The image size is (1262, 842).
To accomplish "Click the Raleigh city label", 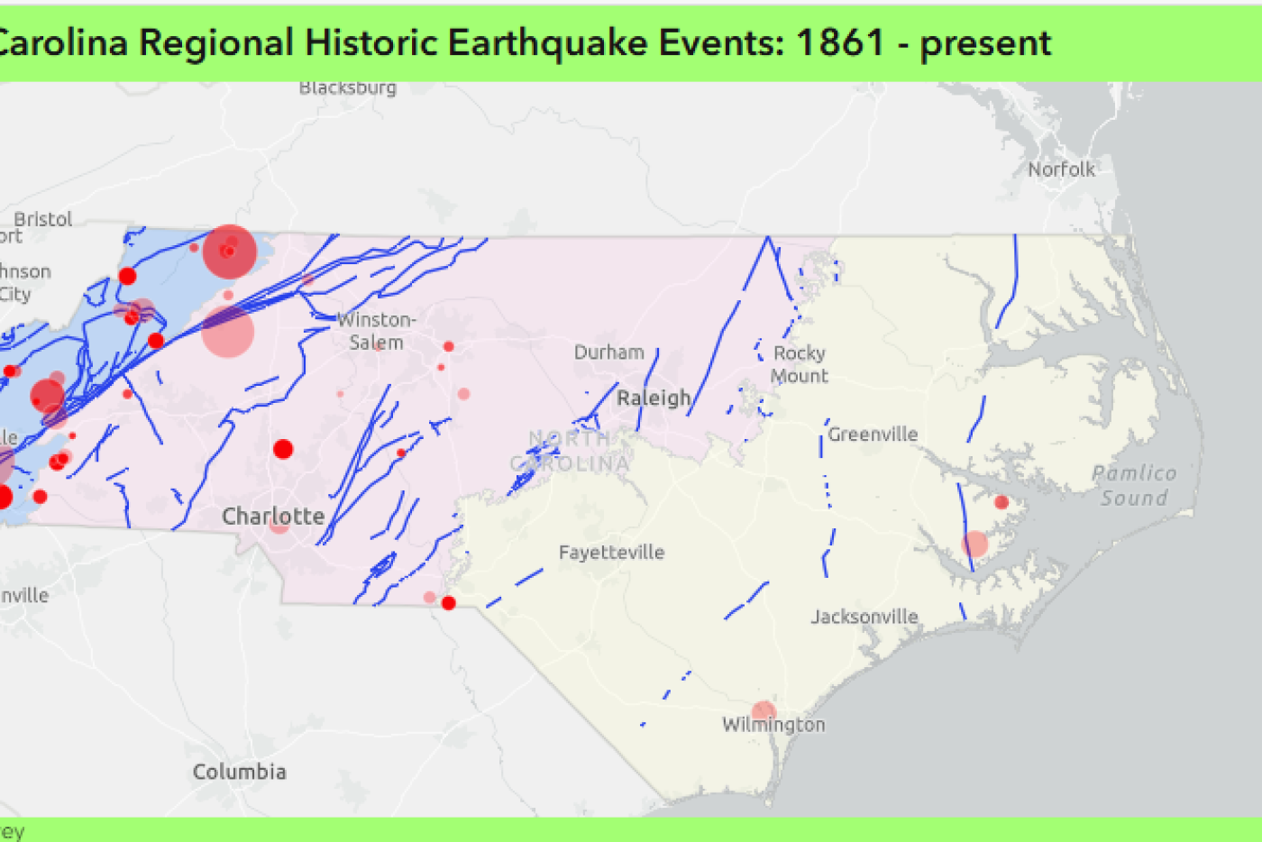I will pyautogui.click(x=654, y=398).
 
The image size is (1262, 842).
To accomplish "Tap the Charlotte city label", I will pyautogui.click(x=273, y=517).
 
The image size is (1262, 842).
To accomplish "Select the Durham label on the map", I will pyautogui.click(x=609, y=352).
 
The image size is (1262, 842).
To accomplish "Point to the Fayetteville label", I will pyautogui.click(x=611, y=553).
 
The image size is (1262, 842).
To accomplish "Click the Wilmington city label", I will pyautogui.click(x=773, y=725).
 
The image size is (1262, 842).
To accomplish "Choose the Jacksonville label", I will pyautogui.click(x=864, y=618).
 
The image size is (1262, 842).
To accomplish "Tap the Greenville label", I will pyautogui.click(x=873, y=435).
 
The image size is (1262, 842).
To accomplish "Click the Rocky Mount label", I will pyautogui.click(x=799, y=364).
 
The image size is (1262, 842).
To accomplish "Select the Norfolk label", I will pyautogui.click(x=1061, y=169).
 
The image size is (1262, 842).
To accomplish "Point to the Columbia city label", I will pyautogui.click(x=239, y=772).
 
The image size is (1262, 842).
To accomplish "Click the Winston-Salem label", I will pyautogui.click(x=376, y=331).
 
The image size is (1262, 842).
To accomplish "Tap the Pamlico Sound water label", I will pyautogui.click(x=1134, y=485).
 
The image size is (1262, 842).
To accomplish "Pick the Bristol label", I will pyautogui.click(x=42, y=219).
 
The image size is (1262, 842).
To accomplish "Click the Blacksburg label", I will pyautogui.click(x=348, y=87).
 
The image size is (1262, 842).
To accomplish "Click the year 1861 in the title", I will pyautogui.click(x=840, y=42).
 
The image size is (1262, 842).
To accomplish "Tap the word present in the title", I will pyautogui.click(x=985, y=43).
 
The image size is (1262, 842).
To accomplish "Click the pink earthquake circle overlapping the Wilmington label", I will pyautogui.click(x=764, y=712).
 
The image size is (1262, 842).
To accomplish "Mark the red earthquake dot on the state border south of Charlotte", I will pyautogui.click(x=449, y=603).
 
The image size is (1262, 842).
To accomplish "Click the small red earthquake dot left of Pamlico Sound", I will pyautogui.click(x=1001, y=502).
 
